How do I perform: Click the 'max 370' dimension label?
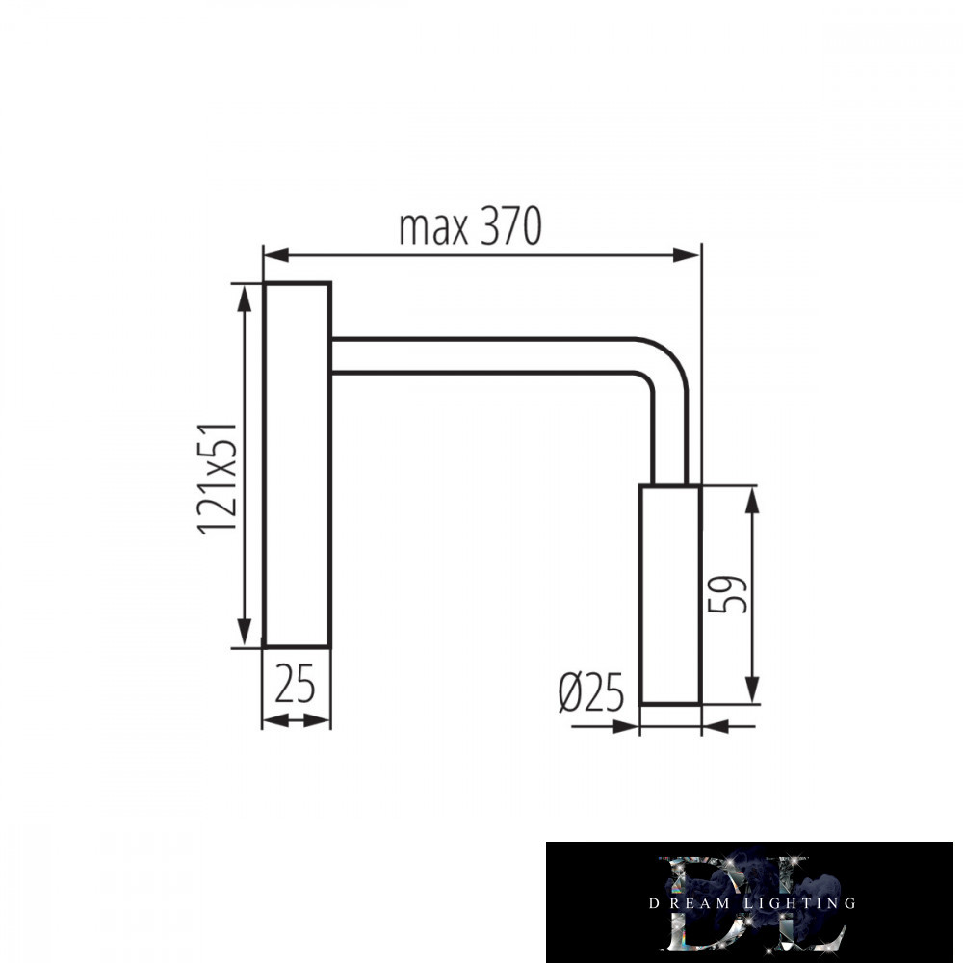(x=470, y=226)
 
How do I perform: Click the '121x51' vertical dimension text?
(x=218, y=479)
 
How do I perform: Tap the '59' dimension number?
(x=727, y=594)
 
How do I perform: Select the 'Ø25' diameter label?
(x=591, y=692)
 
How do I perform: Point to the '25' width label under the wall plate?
(x=295, y=684)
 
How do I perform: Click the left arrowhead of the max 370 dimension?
(x=276, y=255)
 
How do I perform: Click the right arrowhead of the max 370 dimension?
(x=687, y=255)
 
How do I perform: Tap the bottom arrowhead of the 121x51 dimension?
(x=245, y=633)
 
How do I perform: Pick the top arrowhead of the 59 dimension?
(x=752, y=500)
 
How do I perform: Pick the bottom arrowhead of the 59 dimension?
(x=752, y=690)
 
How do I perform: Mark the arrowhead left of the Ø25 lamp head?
(x=626, y=727)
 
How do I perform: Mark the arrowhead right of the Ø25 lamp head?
(x=715, y=727)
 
